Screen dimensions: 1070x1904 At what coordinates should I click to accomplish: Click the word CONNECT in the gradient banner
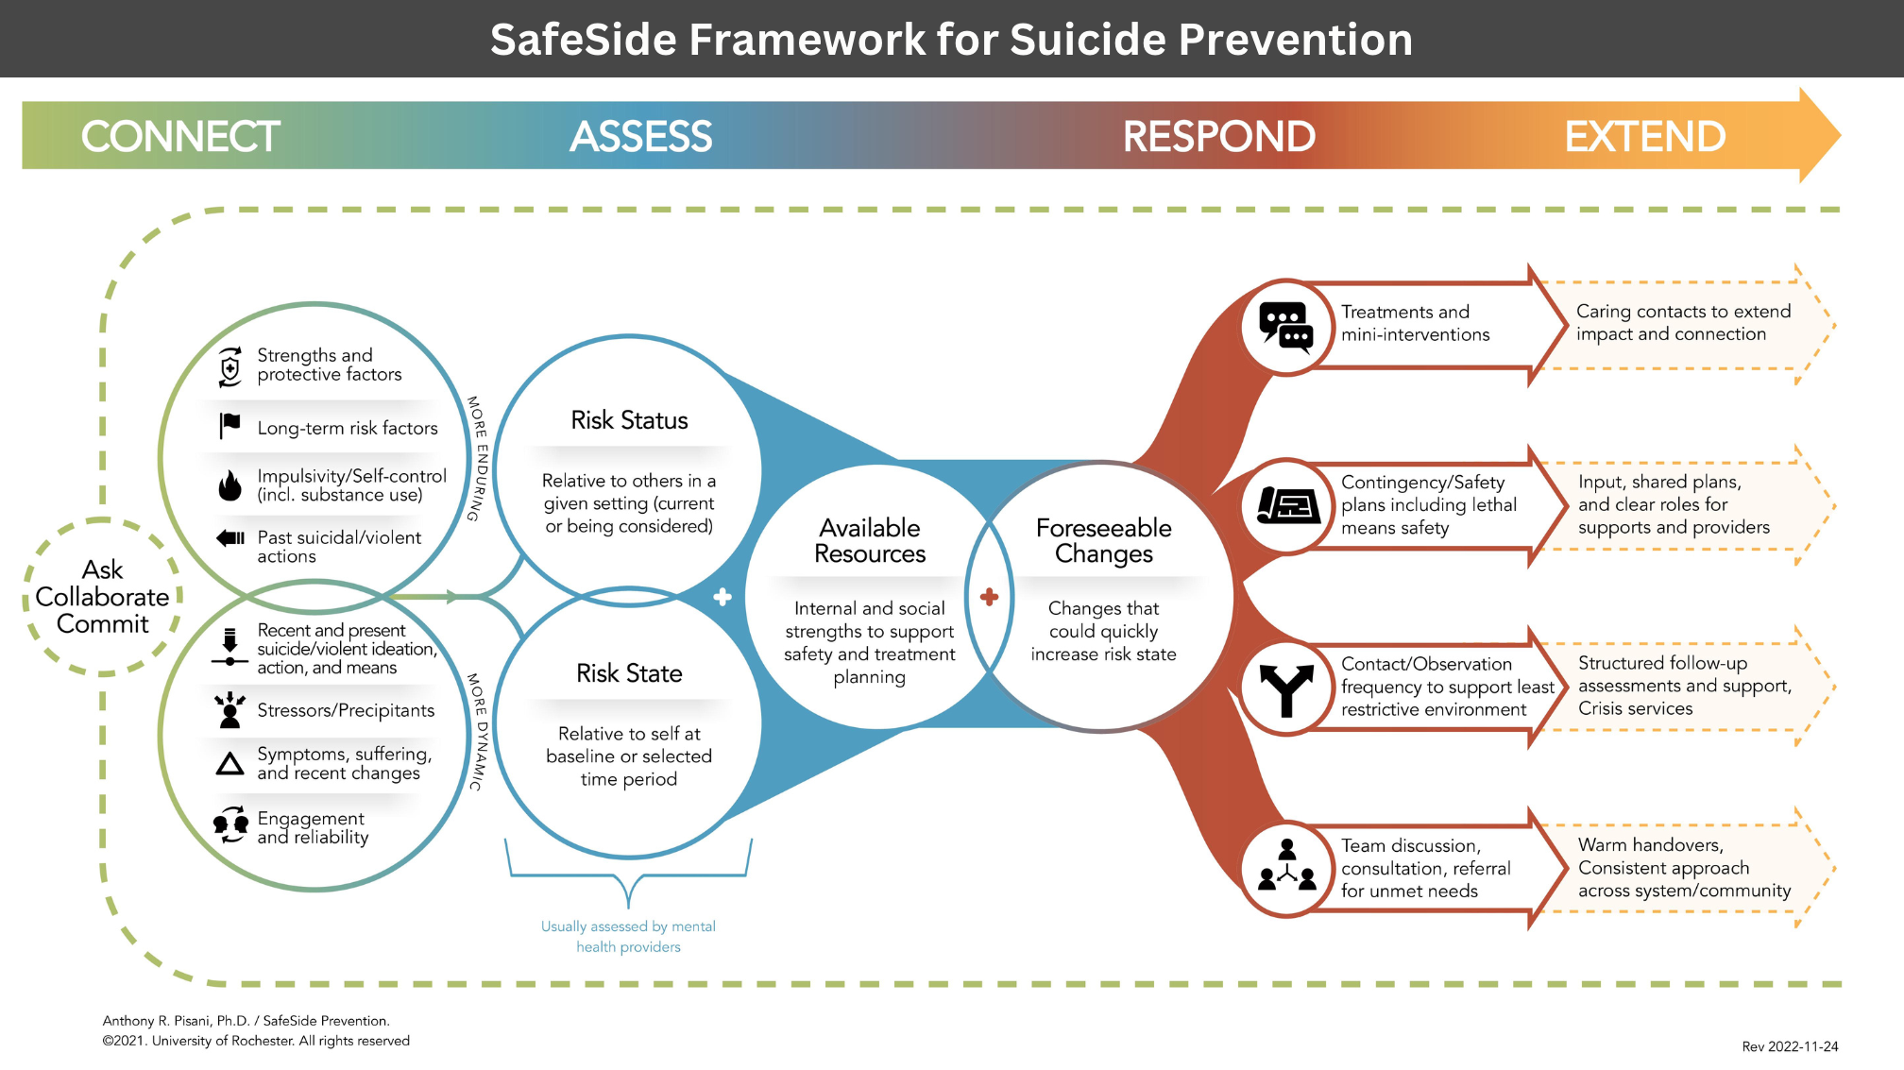coord(180,137)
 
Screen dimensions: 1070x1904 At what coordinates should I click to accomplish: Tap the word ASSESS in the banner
coord(640,137)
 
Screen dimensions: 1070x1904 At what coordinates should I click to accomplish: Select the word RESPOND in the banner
coord(1218,137)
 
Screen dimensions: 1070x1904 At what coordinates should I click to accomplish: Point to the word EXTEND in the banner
coord(1644,137)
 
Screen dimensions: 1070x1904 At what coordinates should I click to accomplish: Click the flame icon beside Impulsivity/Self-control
coord(229,485)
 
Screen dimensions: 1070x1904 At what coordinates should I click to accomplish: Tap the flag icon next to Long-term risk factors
coord(229,426)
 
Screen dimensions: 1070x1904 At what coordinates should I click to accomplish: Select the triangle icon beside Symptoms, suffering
coord(229,763)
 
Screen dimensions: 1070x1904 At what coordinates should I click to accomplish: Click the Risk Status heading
coord(629,420)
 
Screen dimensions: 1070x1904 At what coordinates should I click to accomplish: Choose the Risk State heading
coord(629,673)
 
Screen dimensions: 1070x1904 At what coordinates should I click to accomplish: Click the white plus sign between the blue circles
coord(722,597)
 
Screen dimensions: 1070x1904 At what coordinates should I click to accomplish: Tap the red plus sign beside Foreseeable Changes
coord(989,597)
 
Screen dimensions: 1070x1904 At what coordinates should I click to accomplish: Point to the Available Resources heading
coord(870,540)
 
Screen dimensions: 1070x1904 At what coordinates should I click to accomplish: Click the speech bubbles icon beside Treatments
coord(1285,327)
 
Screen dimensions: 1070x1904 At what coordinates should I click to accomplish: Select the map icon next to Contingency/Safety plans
coord(1287,505)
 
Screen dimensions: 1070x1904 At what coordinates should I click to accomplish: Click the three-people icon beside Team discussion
coord(1286,867)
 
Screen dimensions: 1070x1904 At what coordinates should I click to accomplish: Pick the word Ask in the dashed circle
coord(102,569)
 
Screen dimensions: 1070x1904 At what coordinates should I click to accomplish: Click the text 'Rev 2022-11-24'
coord(1790,1046)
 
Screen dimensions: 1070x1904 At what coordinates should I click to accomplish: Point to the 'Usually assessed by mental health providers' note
coord(628,936)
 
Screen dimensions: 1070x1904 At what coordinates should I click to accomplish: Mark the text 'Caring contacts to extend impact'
coord(1682,322)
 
